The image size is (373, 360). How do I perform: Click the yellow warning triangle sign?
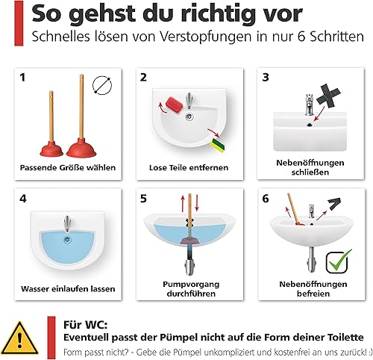click(x=19, y=339)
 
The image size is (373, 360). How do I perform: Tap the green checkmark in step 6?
click(x=339, y=261)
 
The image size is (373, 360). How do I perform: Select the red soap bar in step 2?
click(x=174, y=105)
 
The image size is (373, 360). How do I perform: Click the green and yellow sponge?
click(x=219, y=145)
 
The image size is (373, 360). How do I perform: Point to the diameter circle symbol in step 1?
click(x=102, y=85)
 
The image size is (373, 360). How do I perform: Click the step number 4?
click(x=23, y=199)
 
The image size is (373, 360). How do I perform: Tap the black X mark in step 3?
click(x=328, y=96)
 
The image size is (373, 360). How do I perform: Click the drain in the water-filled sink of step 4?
click(x=67, y=240)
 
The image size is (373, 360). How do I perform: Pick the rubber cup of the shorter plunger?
click(x=51, y=149)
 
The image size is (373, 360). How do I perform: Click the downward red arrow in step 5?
click(x=197, y=202)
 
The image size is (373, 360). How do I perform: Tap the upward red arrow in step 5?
click(x=183, y=203)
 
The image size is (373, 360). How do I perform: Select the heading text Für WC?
click(x=85, y=325)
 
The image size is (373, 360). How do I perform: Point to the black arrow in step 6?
click(x=334, y=204)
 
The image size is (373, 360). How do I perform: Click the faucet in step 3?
click(x=309, y=104)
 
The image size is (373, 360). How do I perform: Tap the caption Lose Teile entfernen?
click(x=189, y=167)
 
